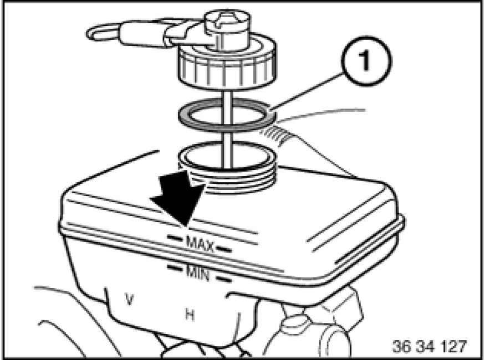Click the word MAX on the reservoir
tap(200, 244)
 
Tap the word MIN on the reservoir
tap(198, 272)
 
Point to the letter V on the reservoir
tap(130, 299)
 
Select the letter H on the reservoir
tap(190, 315)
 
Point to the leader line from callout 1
tap(306, 91)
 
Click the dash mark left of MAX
tap(175, 238)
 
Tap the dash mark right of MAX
tap(223, 249)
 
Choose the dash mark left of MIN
tap(175, 267)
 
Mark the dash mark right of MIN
tap(223, 279)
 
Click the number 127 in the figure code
tap(453, 346)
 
